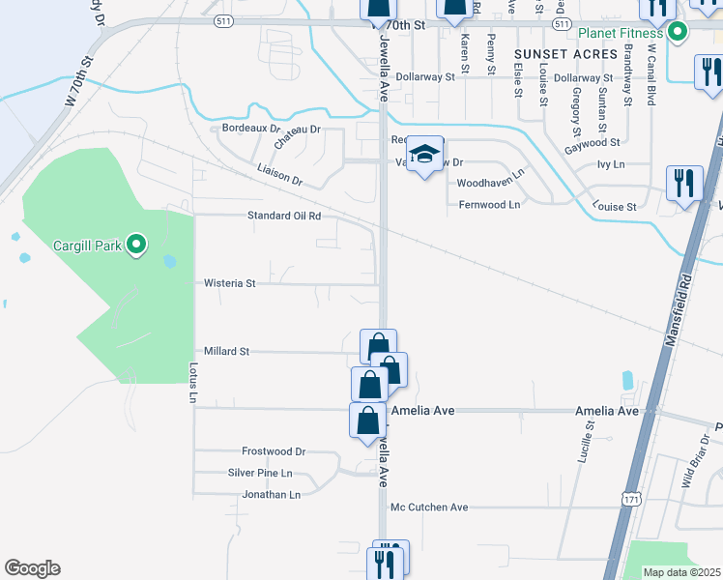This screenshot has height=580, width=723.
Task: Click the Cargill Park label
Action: [89, 246]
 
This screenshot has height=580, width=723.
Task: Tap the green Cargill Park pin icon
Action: [136, 246]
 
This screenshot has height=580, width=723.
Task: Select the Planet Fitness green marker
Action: [678, 33]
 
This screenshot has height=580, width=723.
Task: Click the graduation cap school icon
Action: [424, 155]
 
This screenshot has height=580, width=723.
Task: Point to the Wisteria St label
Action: [230, 284]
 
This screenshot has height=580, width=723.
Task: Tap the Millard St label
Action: [227, 352]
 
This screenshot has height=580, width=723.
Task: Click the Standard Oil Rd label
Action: [284, 217]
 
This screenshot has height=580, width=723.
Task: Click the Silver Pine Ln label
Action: [260, 473]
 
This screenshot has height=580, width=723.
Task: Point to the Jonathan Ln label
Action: [272, 495]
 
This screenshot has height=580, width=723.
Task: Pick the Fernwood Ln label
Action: [489, 205]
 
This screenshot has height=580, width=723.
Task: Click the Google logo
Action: [32, 568]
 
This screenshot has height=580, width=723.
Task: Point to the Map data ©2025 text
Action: [680, 572]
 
